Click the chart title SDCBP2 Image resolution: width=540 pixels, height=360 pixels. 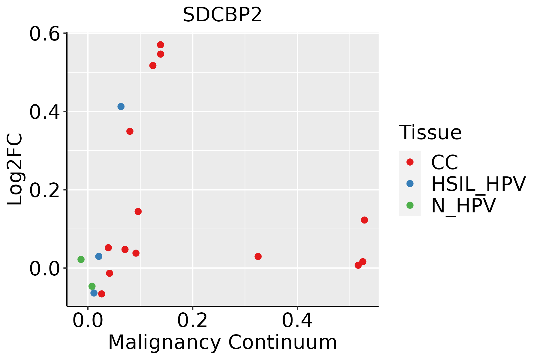point(222,15)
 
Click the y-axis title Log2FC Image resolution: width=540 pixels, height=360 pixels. point(15,169)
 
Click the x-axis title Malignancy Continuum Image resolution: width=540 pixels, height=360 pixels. point(222,342)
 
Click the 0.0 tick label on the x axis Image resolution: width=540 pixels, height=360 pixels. point(88,321)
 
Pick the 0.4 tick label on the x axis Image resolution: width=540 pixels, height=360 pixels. point(297,321)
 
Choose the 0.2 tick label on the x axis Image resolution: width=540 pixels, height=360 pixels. point(192,321)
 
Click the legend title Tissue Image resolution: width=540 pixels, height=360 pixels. point(430,132)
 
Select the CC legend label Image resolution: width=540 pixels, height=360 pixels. point(444,162)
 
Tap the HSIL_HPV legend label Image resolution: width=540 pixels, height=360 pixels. point(478,184)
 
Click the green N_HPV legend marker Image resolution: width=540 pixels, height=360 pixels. point(410,205)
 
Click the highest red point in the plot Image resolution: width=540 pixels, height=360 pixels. point(160,45)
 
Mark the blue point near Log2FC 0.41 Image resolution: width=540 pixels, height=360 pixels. point(121,106)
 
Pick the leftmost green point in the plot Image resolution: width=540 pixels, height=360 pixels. point(81,259)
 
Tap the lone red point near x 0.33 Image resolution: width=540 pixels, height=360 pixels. point(258,256)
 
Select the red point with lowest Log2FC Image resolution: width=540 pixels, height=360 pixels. point(102,294)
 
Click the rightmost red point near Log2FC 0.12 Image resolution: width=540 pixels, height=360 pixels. point(364,220)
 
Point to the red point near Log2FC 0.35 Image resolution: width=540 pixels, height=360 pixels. point(130,131)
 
